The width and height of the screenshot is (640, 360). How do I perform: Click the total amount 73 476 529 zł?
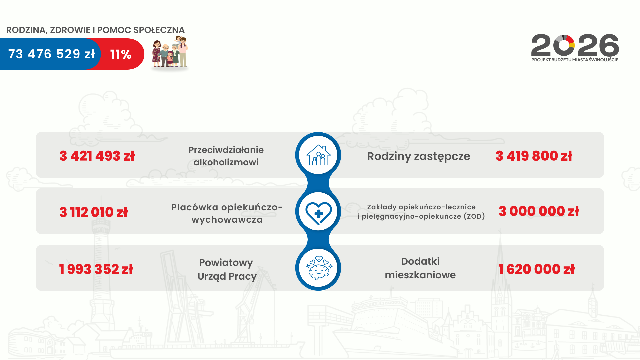pos(51,54)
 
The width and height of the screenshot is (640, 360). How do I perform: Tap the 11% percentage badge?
pos(121,54)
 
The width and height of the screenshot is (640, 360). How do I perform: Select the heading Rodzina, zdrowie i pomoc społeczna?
pos(95,30)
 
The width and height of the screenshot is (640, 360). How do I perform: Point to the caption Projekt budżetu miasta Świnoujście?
pos(575,60)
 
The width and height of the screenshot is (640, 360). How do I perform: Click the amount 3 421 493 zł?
pos(97,156)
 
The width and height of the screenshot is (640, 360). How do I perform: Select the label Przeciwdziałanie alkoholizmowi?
pos(226,156)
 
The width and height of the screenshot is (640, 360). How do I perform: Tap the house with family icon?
pos(318,155)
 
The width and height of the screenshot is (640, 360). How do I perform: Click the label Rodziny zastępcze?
pos(419,156)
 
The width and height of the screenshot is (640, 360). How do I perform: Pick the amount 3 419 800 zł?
pos(534,156)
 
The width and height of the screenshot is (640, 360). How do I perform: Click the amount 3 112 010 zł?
pos(94,212)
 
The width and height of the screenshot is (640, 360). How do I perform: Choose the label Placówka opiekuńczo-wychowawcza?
pos(227,213)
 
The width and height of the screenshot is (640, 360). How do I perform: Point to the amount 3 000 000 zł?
pos(539,211)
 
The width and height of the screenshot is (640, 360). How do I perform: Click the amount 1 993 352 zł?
pos(96,269)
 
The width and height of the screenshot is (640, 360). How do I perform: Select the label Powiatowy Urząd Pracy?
pos(227,269)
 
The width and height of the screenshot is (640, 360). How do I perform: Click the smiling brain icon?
pos(319,268)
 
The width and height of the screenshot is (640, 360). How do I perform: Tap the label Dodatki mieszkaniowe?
pos(420,268)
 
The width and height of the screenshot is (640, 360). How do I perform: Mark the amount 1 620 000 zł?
pos(537,269)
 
